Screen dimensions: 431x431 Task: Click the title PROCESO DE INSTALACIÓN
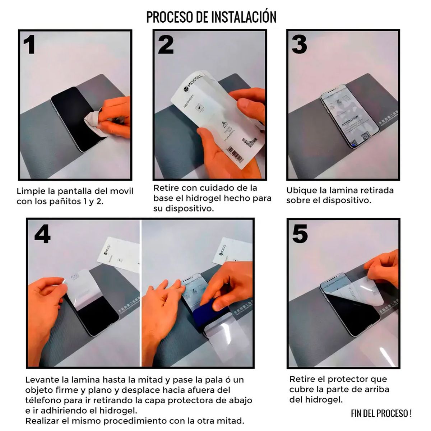point(211,17)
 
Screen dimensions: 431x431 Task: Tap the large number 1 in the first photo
point(29,45)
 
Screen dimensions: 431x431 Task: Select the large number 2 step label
point(166,45)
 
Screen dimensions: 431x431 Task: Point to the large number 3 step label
point(299,45)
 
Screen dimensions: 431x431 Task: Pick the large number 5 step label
point(300,233)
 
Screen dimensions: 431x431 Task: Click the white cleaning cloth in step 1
point(92,123)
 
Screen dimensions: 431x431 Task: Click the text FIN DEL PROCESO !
point(381,413)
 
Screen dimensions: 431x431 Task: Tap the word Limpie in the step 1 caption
point(28,191)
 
